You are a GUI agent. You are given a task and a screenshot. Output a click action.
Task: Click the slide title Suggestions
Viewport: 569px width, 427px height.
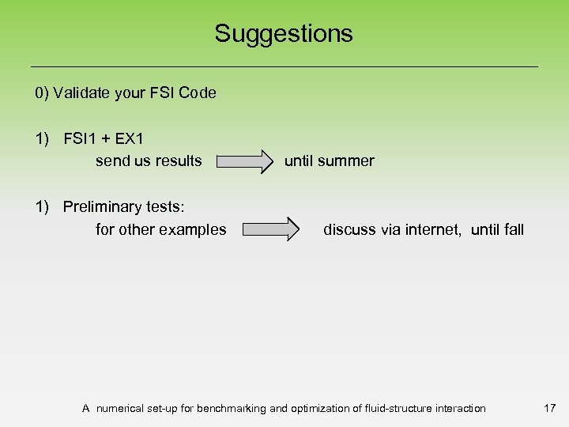[284, 33]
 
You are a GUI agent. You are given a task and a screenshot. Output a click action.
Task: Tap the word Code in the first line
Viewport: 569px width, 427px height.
[198, 93]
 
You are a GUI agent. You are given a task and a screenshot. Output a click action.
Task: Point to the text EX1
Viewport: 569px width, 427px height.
[129, 138]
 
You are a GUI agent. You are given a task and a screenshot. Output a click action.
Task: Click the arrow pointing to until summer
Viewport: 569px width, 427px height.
[243, 162]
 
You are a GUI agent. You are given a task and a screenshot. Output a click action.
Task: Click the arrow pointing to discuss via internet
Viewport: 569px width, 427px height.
[270, 230]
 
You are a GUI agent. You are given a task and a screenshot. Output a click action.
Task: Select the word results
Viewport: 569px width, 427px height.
[179, 161]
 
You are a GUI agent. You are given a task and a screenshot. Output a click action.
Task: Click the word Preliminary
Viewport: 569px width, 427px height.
[102, 207]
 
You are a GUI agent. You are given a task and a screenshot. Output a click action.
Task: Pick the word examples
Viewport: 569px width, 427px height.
[192, 230]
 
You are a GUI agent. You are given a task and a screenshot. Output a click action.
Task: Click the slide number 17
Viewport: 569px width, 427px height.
[550, 408]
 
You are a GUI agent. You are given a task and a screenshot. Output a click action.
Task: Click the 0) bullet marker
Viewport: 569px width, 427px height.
[42, 93]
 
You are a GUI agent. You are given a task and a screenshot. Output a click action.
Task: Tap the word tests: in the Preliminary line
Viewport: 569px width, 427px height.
[164, 207]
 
